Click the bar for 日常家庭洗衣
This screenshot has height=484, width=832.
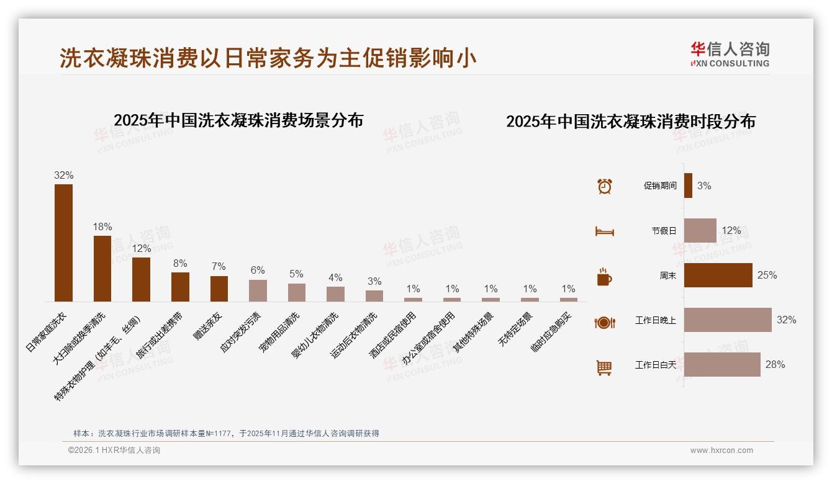63,243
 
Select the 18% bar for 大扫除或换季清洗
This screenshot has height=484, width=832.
102,268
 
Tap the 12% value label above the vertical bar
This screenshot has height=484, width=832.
142,248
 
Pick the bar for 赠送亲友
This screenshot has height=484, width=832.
219,289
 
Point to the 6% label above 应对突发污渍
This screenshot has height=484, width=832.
258,270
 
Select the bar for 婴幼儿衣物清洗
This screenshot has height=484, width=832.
335,294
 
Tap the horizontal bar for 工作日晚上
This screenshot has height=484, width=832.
728,320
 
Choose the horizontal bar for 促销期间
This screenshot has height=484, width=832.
688,186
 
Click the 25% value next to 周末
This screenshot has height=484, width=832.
767,275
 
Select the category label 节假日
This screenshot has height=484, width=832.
664,231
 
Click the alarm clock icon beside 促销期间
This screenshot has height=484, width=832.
604,186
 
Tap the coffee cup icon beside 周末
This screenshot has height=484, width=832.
604,276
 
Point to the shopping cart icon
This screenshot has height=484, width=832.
604,367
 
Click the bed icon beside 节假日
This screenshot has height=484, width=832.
604,231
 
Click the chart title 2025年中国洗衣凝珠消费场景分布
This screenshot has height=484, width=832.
238,120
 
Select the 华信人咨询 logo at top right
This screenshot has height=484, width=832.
730,54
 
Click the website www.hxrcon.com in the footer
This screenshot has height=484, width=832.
721,450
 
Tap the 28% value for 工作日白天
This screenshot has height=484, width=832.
775,365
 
